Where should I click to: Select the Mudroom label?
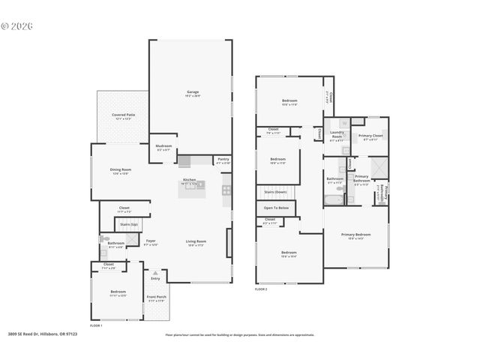[163, 146]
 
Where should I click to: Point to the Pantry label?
[223, 159]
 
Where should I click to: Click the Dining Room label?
[121, 170]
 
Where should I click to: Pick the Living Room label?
[196, 241]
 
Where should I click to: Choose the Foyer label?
[151, 241]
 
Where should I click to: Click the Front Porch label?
[156, 298]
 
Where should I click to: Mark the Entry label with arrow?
[155, 277]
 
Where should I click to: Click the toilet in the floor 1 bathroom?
[103, 238]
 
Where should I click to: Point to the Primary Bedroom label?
[357, 235]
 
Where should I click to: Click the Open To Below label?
[276, 208]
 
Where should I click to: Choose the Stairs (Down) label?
[275, 191]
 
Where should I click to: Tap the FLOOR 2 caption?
[261, 288]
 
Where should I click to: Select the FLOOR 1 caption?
[96, 325]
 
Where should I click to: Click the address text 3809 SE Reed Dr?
[45, 334]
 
